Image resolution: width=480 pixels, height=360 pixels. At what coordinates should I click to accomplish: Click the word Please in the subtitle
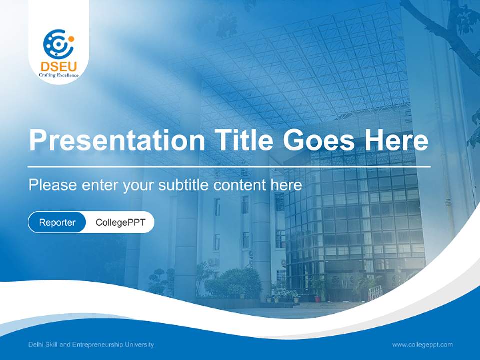pos(51,185)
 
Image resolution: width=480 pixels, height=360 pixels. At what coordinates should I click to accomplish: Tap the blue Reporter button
pos(57,222)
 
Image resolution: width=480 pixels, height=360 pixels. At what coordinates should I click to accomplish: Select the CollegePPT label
pos(120,222)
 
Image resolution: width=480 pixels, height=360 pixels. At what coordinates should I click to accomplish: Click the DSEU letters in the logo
pos(59,66)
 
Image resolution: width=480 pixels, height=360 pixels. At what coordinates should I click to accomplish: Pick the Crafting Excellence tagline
pos(59,75)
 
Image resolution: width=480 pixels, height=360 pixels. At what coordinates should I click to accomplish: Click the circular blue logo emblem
pos(58,44)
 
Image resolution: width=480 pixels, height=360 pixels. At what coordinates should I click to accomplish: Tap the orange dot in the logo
pos(71,39)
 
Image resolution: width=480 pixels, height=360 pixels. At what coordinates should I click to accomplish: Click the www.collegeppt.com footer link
pos(422,345)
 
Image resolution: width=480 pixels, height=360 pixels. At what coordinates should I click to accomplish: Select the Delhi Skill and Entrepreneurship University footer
pos(91,345)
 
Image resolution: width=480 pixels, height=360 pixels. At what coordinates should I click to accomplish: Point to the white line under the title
pos(229,166)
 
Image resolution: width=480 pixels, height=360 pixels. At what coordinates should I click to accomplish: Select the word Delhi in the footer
pos(35,345)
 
